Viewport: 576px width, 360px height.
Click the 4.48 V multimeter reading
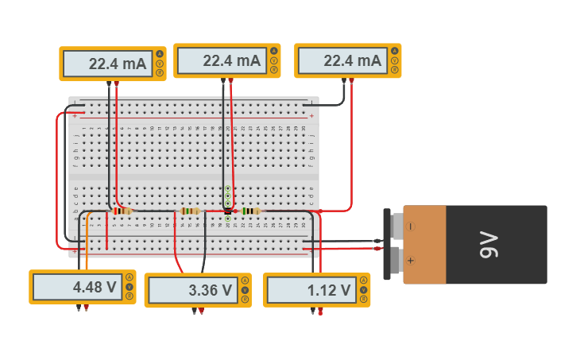95,288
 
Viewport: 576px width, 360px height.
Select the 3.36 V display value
211,291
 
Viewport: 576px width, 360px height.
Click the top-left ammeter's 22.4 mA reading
118,64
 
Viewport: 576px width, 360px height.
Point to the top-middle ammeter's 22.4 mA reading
231,60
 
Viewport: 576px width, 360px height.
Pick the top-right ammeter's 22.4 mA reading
352,60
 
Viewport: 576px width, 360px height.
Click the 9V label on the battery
488,245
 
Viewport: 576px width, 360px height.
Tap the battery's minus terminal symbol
411,226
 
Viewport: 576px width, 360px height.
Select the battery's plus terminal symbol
411,260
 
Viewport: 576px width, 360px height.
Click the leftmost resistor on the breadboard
122,211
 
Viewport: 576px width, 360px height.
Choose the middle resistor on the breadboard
189,211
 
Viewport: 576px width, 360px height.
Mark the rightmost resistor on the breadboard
250,211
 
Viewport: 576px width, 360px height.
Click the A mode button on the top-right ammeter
394,52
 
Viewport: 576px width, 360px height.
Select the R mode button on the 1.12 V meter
364,300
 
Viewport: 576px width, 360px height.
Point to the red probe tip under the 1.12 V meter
321,312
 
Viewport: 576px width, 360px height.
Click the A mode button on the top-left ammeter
160,54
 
